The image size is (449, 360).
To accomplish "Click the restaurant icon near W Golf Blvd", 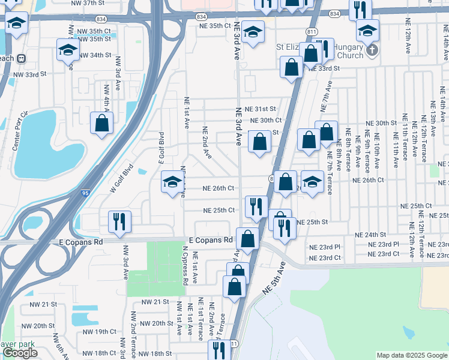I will [x=118, y=221].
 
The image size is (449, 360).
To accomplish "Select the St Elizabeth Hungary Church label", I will [x=319, y=51].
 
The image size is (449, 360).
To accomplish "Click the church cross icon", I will [x=372, y=50].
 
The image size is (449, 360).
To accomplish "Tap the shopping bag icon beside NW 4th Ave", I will [x=102, y=123].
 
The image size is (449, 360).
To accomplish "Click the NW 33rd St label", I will [x=29, y=74].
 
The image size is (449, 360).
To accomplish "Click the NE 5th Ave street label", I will [x=274, y=277].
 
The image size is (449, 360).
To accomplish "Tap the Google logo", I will [x=20, y=353].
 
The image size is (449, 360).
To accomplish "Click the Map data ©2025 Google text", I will [x=412, y=355].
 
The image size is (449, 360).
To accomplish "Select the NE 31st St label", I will [x=260, y=109].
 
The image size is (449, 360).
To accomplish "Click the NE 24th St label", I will [x=369, y=235].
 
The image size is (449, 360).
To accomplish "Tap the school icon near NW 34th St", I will [x=68, y=50].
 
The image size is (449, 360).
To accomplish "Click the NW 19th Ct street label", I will [x=100, y=331].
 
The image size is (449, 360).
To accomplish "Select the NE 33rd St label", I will [x=324, y=68].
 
